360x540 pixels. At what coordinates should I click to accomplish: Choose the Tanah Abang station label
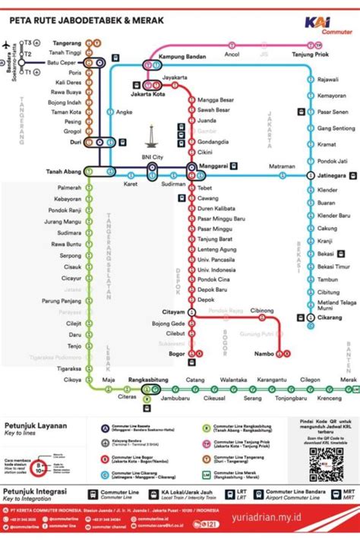point(63,171)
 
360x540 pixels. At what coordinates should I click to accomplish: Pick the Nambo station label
point(264,354)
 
